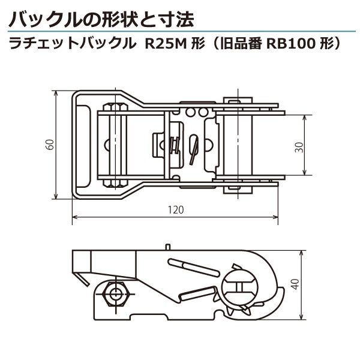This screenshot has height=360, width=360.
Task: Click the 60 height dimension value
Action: coord(50,145)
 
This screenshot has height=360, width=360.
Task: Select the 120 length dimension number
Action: coord(175,210)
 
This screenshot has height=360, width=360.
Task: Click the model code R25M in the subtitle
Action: coord(163,44)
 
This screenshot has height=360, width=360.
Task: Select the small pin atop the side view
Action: coord(169,246)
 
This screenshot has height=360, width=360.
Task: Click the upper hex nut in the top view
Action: coord(116,109)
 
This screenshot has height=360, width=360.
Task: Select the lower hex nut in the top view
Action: coord(116,182)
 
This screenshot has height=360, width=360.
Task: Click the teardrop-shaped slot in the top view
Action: coord(193,148)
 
